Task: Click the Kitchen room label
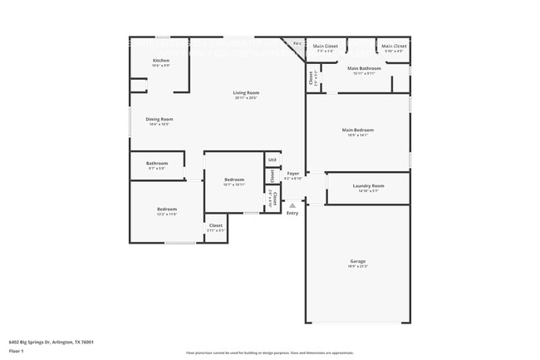pos(161,61)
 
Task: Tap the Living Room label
pos(245,93)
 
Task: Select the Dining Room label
pos(159,120)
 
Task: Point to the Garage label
pos(357,261)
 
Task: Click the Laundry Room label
pos(367,185)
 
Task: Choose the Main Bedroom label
pos(358,130)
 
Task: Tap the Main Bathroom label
pos(364,68)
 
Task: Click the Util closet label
pos(272,160)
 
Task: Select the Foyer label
pos(292,174)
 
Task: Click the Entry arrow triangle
pos(292,205)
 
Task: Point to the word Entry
pos(292,214)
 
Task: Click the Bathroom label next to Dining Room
pos(157,163)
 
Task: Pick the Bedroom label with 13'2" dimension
pos(167,209)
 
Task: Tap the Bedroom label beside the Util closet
pos(233,180)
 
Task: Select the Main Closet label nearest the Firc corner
pos(325,46)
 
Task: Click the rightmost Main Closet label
pos(394,46)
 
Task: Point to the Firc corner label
pos(297,43)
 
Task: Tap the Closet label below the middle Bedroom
pos(215,225)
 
